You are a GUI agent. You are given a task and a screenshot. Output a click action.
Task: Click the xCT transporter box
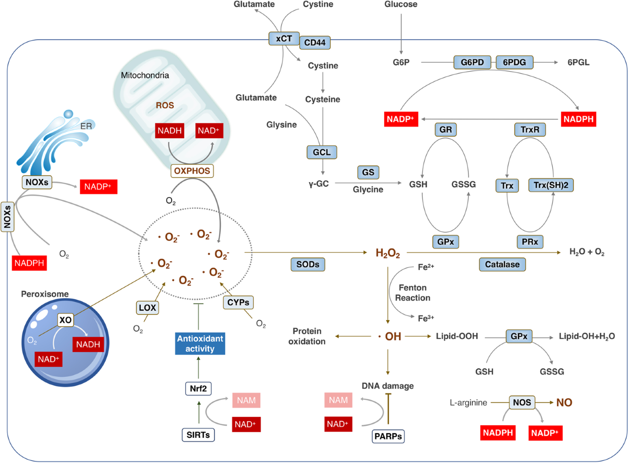[284, 38]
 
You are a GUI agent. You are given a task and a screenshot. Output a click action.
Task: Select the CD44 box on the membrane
[315, 42]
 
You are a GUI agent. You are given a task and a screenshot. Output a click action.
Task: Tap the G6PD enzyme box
[473, 62]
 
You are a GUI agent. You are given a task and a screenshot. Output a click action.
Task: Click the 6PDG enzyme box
[514, 62]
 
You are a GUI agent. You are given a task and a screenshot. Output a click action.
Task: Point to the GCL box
[322, 152]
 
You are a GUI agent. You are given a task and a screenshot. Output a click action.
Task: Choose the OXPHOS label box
[192, 171]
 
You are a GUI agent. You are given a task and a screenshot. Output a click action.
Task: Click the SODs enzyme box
[308, 264]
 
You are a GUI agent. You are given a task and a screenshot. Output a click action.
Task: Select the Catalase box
[502, 264]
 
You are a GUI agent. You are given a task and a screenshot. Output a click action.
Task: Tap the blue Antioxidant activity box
[200, 344]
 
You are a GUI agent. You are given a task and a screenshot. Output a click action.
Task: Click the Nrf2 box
[198, 388]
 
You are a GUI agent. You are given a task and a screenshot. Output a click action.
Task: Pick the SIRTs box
[198, 435]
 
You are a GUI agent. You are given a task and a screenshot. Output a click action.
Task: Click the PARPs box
[388, 436]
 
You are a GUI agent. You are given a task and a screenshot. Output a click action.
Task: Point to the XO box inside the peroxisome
[65, 320]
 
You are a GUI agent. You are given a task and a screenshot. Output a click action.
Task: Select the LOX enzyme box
[148, 308]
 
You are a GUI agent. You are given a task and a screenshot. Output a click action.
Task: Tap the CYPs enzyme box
[238, 302]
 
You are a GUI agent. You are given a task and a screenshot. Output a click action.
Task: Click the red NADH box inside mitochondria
[170, 131]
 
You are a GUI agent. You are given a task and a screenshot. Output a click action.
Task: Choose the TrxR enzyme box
[530, 130]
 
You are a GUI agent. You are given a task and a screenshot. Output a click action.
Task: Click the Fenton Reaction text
[413, 292]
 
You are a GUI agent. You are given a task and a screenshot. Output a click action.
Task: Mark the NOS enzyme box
[522, 402]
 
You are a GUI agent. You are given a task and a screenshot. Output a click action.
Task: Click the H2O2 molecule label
[388, 253]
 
